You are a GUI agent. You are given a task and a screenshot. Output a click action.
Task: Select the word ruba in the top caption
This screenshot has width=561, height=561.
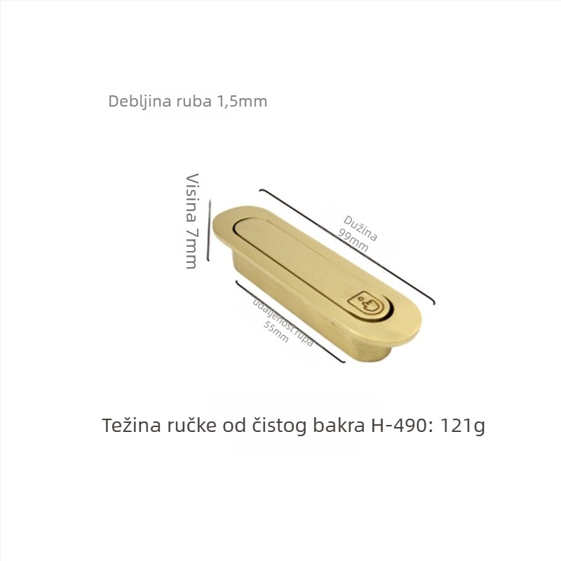point(194,101)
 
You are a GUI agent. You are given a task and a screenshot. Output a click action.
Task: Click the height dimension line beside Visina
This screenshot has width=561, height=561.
point(209,230)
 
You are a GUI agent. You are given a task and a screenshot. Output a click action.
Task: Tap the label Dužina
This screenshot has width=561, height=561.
point(360,228)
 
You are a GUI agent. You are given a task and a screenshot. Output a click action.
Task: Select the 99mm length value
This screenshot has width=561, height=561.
point(353,240)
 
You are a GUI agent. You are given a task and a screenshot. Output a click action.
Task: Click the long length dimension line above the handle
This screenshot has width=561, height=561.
point(347,246)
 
